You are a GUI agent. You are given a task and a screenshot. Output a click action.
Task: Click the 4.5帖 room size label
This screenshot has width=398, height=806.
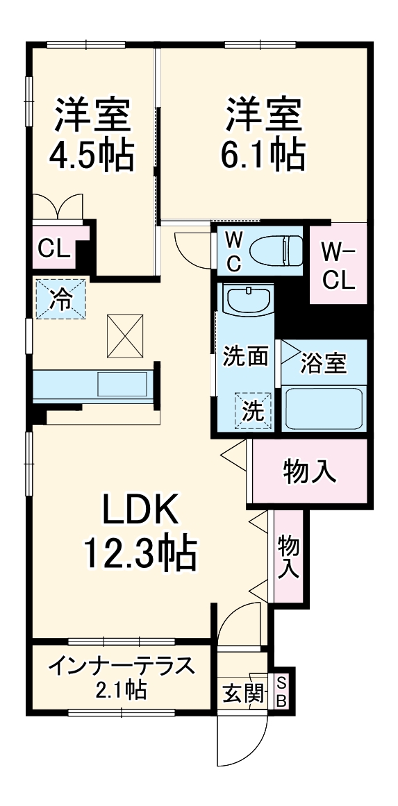(91, 156)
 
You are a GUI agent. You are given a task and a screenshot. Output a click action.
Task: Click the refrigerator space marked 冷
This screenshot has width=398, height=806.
(61, 299)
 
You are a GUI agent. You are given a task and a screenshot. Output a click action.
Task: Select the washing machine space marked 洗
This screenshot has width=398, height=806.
(254, 410)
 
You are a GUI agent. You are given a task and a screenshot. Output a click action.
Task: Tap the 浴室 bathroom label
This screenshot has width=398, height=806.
(323, 362)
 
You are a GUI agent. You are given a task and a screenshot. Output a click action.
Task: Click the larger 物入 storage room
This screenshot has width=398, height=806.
(309, 471)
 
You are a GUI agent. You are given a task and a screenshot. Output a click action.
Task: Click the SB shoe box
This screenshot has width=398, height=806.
(281, 691)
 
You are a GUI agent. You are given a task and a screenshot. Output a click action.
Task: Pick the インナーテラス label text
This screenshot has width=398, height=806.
(120, 666)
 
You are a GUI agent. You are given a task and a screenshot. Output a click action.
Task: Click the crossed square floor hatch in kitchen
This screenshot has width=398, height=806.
(126, 335)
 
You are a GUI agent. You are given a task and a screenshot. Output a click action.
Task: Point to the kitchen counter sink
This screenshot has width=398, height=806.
(122, 384)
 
